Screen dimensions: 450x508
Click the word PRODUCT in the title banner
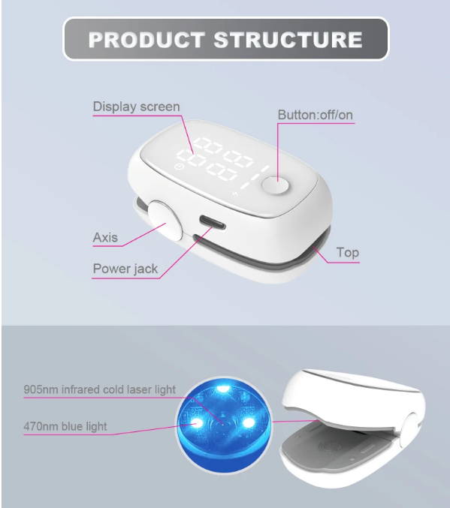coord(146,40)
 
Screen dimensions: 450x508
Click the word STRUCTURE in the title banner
coord(288,40)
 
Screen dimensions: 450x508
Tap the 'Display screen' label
coord(136,107)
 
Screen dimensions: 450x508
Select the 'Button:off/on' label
coord(316,115)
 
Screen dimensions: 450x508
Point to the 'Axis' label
coord(105,237)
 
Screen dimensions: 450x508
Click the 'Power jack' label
coord(125,269)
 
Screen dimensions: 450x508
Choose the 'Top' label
coord(348,252)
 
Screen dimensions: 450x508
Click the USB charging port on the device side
coord(213,223)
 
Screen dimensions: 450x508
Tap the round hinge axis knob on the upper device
coord(165,220)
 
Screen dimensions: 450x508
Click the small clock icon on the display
coord(179,167)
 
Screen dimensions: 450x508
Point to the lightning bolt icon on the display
coord(235,194)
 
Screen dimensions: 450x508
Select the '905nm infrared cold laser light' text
coord(100,389)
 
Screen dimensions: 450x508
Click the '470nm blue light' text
coord(65,426)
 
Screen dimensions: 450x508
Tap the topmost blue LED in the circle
coord(223,389)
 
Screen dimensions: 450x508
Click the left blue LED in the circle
coord(195,423)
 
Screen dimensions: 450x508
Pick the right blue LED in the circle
coord(249,422)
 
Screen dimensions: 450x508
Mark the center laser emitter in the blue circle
coord(223,423)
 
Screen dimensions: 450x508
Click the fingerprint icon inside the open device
coord(328,448)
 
